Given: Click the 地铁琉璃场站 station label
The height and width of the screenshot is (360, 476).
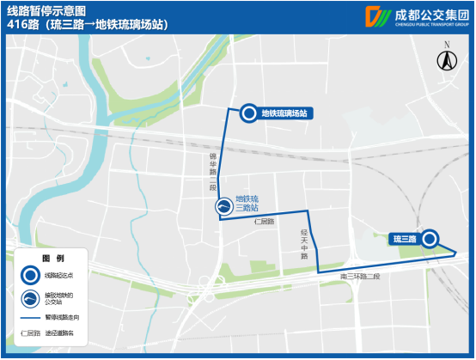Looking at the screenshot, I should pyautogui.click(x=284, y=113).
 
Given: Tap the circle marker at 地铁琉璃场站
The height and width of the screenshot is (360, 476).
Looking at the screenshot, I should pyautogui.click(x=248, y=113).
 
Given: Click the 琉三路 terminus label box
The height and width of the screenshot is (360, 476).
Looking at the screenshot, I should pyautogui.click(x=404, y=239).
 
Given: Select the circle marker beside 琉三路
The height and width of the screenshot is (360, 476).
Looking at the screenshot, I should pyautogui.click(x=430, y=239).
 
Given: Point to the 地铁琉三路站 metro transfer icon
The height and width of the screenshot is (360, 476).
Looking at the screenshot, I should pyautogui.click(x=223, y=206).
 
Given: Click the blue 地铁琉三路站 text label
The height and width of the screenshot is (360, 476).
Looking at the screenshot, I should pyautogui.click(x=247, y=203).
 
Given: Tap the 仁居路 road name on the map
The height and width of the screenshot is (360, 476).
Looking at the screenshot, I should pyautogui.click(x=265, y=222).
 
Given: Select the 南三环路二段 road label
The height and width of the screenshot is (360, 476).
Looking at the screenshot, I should pyautogui.click(x=360, y=277).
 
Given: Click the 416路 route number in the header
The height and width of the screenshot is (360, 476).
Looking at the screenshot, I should pyautogui.click(x=21, y=25).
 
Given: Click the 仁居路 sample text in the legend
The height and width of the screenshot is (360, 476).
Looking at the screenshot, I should pyautogui.click(x=30, y=332).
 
